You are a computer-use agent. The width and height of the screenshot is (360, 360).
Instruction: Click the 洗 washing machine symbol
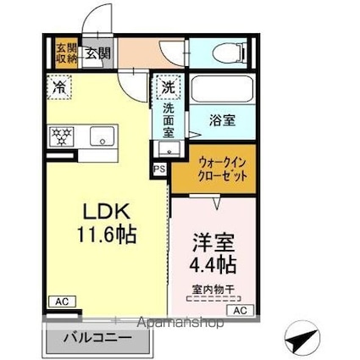[167, 86]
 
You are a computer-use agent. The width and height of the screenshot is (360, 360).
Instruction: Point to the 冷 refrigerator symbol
[59, 86]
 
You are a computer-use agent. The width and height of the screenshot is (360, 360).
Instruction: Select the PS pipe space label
[159, 169]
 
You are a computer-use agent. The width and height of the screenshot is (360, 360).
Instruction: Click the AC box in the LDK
[61, 301]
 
